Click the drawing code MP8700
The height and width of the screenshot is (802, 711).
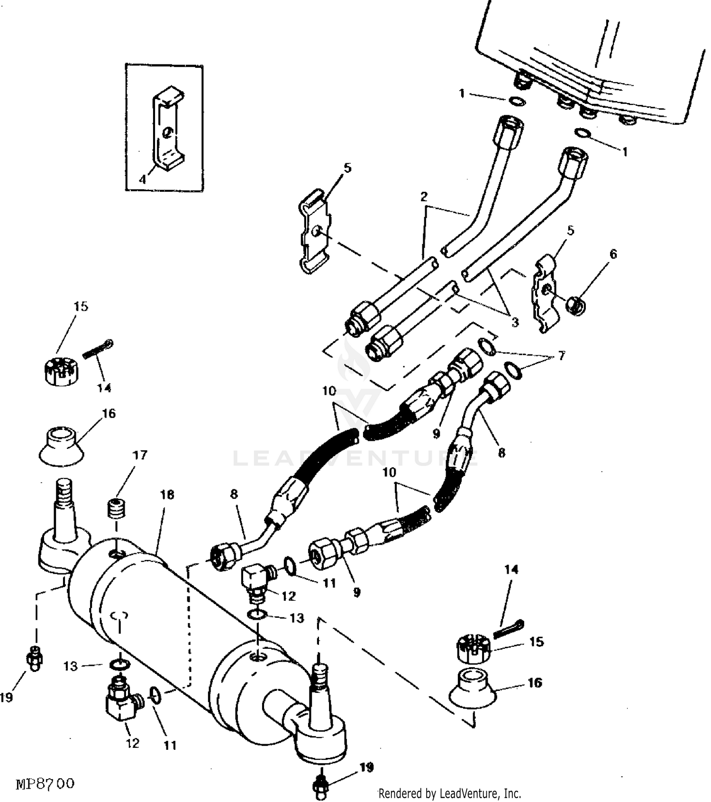click(46, 783)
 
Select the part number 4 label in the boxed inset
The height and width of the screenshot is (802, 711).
click(143, 179)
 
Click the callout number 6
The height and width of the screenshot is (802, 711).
click(613, 254)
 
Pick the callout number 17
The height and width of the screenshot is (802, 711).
click(140, 455)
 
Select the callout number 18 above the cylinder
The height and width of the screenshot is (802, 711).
click(167, 494)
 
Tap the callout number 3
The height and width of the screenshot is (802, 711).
click(515, 322)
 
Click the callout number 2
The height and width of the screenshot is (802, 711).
click(424, 196)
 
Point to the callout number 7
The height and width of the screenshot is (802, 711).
click(562, 355)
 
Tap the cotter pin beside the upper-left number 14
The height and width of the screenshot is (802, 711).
click(98, 350)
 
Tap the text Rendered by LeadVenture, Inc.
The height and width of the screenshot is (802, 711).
click(449, 793)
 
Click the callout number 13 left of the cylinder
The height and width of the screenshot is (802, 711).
click(70, 666)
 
